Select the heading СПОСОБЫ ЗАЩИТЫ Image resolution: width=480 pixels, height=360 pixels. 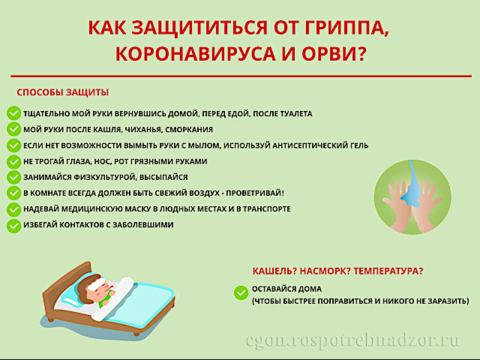[x=62, y=92]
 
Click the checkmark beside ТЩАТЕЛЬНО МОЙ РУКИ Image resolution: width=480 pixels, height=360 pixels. [x=13, y=113]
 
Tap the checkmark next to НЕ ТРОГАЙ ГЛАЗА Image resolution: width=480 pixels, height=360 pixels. [x=13, y=161]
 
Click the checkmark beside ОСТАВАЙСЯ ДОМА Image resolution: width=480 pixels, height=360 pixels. [x=241, y=292]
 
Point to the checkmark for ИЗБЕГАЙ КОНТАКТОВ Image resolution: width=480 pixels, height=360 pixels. [x=13, y=225]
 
